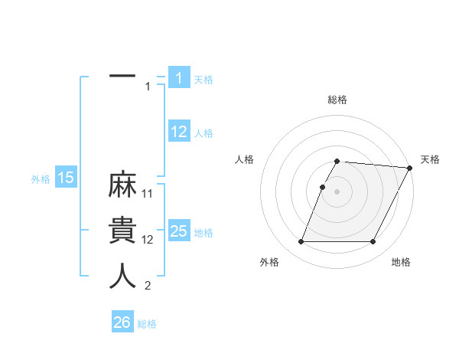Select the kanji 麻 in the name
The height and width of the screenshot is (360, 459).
coord(122,188)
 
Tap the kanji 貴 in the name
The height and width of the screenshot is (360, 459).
coord(122,232)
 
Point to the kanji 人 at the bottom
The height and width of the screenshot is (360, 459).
coord(122,277)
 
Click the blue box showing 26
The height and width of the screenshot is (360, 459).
coord(122,322)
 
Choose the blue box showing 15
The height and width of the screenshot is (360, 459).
coord(66,178)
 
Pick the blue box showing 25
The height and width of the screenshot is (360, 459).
coord(179,231)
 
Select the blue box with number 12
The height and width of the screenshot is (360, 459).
coord(179,132)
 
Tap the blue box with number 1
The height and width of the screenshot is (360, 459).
coord(179,77)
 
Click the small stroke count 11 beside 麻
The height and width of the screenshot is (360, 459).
coord(148,194)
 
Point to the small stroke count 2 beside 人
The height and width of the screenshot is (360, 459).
coord(148,286)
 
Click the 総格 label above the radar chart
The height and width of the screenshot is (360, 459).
coord(337,100)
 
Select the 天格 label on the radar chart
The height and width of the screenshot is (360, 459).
coord(430,159)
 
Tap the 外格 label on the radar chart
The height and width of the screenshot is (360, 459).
coord(269,262)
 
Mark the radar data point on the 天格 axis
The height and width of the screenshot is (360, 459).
coord(410,168)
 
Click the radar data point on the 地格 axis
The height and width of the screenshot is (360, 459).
coord(373,242)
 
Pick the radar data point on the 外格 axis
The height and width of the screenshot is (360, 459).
coord(301,242)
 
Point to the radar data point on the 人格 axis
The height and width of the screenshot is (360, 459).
coord(323,187)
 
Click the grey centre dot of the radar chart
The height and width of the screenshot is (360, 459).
coord(337,191)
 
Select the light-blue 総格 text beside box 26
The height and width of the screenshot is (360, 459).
coord(147,324)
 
